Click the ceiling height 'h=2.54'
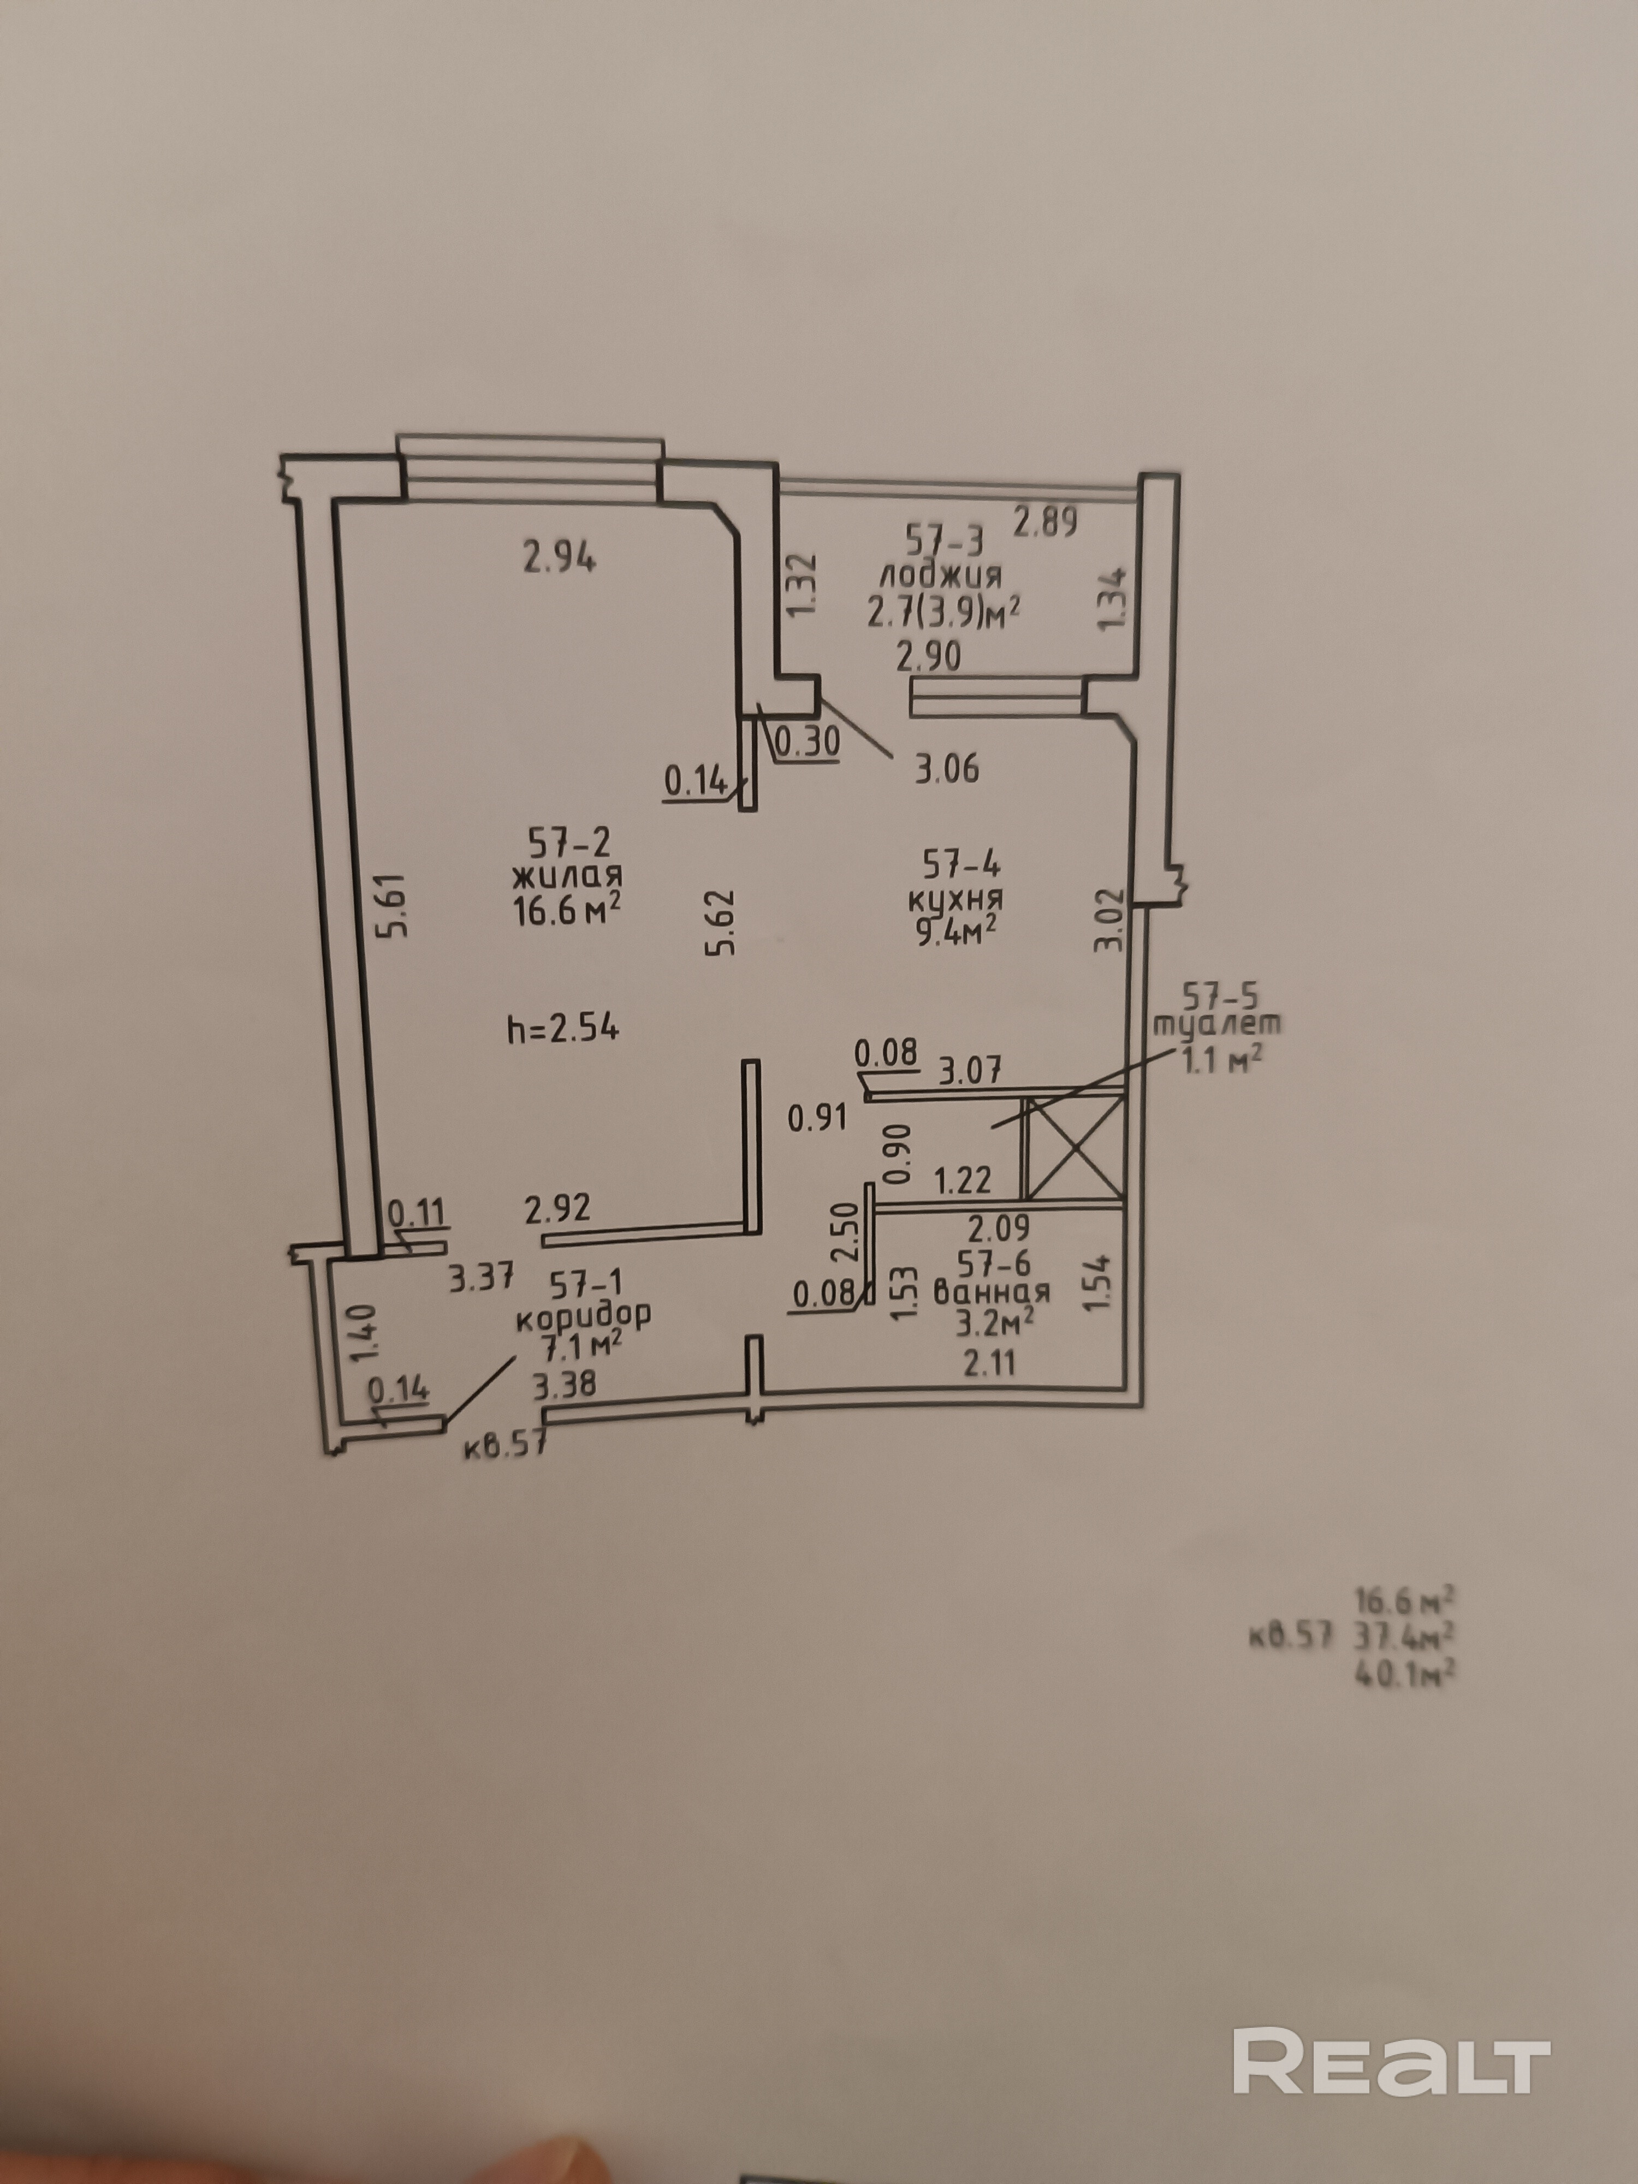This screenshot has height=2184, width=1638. click(x=563, y=1029)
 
